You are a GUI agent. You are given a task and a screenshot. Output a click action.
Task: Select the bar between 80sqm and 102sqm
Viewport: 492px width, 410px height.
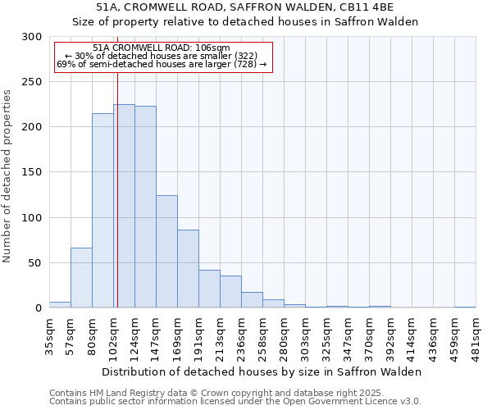click(102, 211)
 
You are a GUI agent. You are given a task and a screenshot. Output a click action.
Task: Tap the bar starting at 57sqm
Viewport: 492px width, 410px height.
click(81, 278)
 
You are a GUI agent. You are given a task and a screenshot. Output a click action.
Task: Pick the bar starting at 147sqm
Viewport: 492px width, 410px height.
click(166, 252)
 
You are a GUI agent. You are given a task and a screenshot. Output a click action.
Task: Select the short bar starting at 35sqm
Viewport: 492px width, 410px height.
click(60, 305)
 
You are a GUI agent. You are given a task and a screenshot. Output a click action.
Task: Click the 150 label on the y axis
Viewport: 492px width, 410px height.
click(32, 172)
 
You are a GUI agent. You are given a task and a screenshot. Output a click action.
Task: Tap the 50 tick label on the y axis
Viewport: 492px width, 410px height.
click(35, 263)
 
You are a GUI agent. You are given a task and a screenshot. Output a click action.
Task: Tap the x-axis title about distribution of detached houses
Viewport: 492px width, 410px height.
click(262, 371)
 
